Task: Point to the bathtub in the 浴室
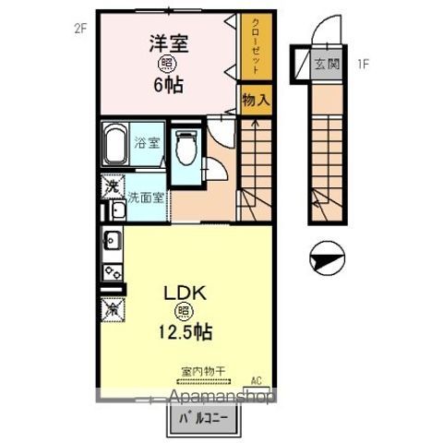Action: click(x=114, y=143)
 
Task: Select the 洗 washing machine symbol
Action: click(x=110, y=186)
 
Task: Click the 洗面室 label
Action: click(x=146, y=197)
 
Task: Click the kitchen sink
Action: click(x=111, y=244)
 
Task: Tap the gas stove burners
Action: click(x=112, y=272)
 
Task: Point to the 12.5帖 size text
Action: click(x=188, y=331)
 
